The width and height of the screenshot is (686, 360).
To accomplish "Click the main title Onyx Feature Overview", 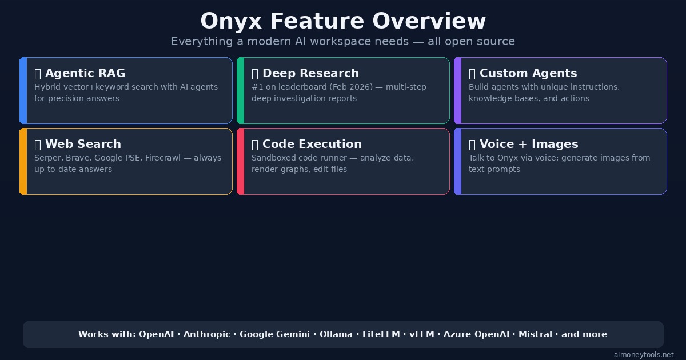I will [343, 22].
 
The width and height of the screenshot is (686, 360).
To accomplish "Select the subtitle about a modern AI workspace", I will [343, 42].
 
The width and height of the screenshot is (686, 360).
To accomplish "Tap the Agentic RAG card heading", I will [85, 73].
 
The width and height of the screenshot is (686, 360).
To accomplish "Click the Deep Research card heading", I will [310, 73].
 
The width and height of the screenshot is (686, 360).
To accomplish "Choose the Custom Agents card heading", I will [528, 73].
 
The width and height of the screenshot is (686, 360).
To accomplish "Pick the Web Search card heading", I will [83, 144].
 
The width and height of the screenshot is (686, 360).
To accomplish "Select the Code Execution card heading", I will [312, 144].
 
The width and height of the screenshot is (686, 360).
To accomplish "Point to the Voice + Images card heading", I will [528, 144].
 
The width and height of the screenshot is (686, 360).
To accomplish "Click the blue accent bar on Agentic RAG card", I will [23, 90].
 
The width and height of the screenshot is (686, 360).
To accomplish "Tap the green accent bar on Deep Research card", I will [241, 90].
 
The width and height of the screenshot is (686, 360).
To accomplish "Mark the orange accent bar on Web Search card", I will [23, 161].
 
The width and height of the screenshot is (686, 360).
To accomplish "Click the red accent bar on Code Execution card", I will [241, 161].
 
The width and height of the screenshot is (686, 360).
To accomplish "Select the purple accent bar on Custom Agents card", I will [458, 90].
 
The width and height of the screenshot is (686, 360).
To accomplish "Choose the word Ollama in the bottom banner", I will [336, 334].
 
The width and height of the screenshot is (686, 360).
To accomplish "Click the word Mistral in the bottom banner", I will [535, 334].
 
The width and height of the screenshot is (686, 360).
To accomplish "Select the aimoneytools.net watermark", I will [644, 355].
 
